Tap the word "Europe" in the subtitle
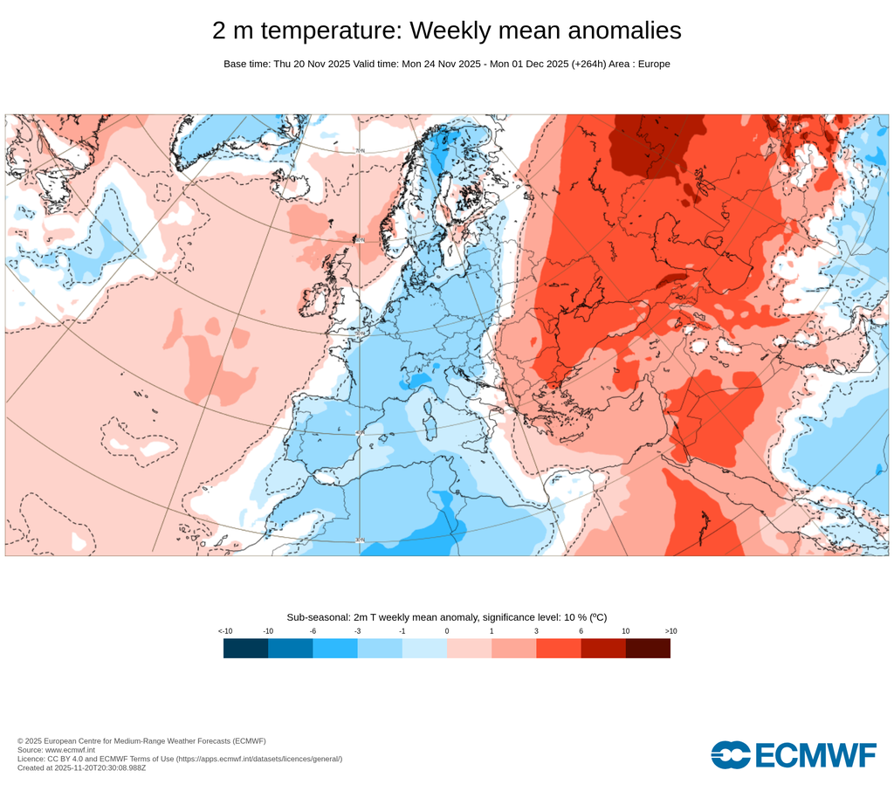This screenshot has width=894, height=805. (653, 64)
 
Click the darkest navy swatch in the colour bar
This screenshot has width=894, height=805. (245, 648)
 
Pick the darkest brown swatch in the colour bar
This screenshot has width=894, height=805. (648, 648)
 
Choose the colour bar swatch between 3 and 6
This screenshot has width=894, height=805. (559, 648)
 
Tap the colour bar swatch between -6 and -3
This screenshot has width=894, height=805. (335, 648)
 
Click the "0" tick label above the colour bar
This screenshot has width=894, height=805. (447, 630)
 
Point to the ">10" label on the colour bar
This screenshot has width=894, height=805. (670, 630)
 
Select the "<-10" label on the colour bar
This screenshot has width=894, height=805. (224, 630)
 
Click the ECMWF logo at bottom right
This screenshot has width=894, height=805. (793, 754)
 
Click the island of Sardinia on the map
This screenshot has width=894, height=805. (429, 428)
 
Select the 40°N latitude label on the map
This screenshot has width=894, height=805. (359, 433)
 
